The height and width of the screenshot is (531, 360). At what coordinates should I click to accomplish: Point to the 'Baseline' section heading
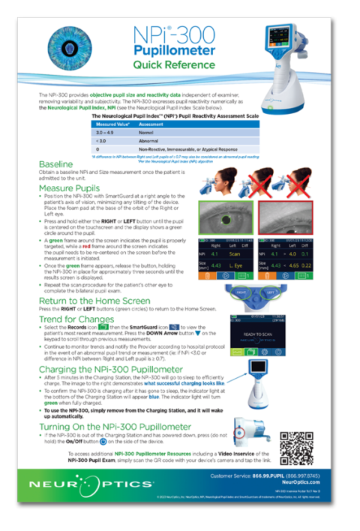(x=55, y=163)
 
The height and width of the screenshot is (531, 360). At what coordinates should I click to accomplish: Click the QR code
(x=301, y=448)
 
